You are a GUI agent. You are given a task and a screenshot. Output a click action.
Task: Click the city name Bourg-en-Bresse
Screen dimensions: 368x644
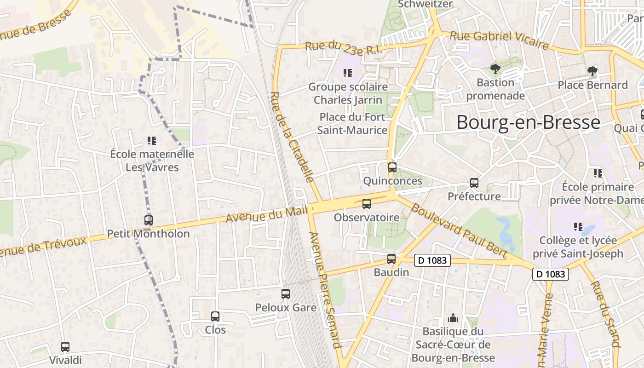point(528,123)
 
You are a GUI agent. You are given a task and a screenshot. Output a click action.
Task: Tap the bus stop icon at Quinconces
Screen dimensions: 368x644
point(392,167)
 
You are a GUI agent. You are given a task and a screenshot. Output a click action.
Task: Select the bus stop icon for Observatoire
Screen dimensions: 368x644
point(367,203)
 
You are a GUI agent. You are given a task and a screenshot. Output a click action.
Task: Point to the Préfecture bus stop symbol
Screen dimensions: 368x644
point(474,183)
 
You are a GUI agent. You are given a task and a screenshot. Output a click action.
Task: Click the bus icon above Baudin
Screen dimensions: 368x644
point(391,259)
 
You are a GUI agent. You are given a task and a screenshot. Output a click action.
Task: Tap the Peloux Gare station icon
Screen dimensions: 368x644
point(286,293)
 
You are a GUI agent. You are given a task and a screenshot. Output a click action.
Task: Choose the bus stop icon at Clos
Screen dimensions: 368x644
point(215,316)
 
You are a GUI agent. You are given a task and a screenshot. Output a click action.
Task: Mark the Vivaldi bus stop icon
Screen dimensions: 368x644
point(65,347)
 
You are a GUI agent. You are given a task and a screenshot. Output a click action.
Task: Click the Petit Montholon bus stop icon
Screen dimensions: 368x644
point(148,220)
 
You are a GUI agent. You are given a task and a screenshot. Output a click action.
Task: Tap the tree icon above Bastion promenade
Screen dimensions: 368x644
point(495,69)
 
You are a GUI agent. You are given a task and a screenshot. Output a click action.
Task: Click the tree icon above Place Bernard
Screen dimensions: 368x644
point(592,71)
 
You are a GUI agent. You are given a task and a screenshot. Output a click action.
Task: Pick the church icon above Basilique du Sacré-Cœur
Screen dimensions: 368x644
point(453,318)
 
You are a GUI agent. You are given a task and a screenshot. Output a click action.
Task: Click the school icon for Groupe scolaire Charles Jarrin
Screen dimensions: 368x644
point(348,73)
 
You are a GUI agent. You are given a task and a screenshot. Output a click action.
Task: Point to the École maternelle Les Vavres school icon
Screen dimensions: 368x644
point(152,140)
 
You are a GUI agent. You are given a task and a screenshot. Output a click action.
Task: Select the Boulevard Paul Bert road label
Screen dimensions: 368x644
point(459,230)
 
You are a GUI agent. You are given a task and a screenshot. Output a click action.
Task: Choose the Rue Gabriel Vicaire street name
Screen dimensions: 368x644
point(499,40)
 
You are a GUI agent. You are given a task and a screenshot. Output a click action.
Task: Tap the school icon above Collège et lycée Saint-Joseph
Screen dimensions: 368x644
point(578,226)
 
